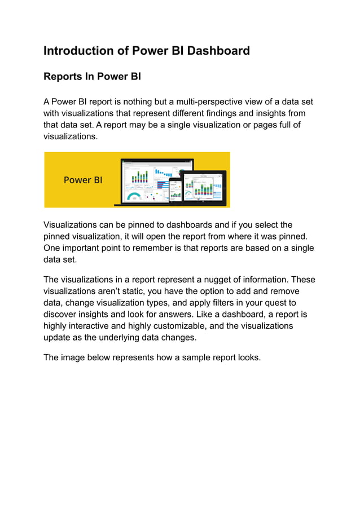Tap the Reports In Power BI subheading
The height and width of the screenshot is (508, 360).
(91, 77)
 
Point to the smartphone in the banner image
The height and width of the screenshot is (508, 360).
(175, 189)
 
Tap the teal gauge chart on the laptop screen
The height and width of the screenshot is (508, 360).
(133, 197)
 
